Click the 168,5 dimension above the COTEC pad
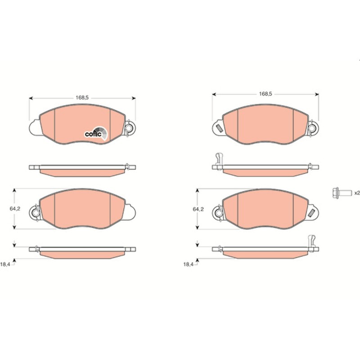point(82,98)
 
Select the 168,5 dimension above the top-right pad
point(265,94)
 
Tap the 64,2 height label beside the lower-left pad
point(15,209)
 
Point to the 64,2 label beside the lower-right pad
point(198,209)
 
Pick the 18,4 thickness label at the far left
point(5,264)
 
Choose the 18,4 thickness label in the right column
point(188,264)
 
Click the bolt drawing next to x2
point(342,193)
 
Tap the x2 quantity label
point(357,193)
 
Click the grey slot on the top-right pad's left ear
point(219,128)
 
